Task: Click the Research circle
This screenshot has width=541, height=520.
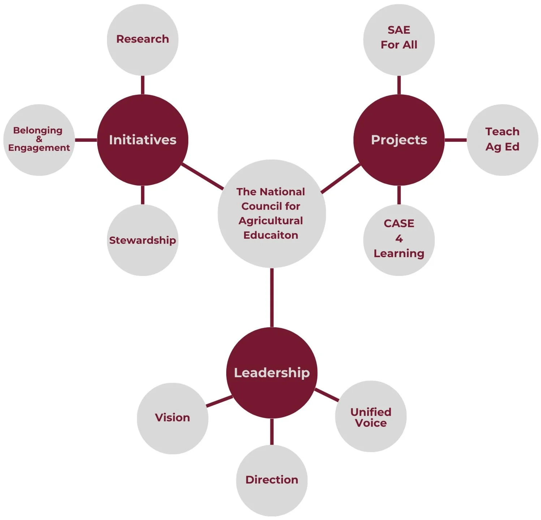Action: pos(142,39)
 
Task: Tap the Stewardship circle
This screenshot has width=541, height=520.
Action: pos(142,240)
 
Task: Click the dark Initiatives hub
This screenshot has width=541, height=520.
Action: pos(142,140)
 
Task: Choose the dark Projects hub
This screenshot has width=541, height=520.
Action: pos(399,140)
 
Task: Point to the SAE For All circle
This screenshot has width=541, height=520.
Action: pos(399,39)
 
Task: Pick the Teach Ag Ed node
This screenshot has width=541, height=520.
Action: pos(502,140)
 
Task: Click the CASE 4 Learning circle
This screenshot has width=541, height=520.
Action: pos(399,240)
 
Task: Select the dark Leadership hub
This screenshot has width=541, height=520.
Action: pos(272,373)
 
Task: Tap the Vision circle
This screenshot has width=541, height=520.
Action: pos(172,418)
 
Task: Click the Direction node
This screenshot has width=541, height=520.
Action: pos(272,480)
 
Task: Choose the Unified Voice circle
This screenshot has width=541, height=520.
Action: pos(371,417)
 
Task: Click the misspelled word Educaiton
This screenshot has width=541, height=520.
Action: pos(271,235)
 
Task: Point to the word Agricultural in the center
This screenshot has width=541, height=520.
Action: pos(271,221)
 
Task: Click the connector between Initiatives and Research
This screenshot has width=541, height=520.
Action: pos(142,85)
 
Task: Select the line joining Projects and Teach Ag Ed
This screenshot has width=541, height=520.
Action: pos(456,140)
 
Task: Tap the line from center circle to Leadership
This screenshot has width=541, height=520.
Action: pos(272,297)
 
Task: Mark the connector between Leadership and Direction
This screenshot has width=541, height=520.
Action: pos(272,431)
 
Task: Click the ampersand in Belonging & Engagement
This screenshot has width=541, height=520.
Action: pos(39,139)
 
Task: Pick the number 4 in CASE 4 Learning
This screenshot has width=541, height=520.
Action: pos(399,239)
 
